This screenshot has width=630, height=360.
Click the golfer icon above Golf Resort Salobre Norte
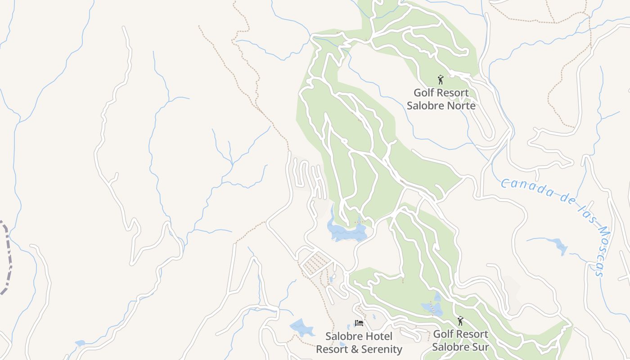(x=441, y=80)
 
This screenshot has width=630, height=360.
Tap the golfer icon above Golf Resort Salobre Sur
(x=460, y=321)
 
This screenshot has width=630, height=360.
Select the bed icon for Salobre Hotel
(x=359, y=323)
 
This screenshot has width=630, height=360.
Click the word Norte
(x=459, y=106)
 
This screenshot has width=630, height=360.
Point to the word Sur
(x=480, y=347)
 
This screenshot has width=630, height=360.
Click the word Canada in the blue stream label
(x=526, y=188)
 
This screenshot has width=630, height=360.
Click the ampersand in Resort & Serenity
(x=352, y=349)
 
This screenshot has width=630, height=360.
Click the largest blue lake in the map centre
(x=346, y=231)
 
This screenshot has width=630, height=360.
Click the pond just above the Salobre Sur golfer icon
(x=432, y=308)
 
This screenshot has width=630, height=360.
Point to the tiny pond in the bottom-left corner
(x=80, y=343)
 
